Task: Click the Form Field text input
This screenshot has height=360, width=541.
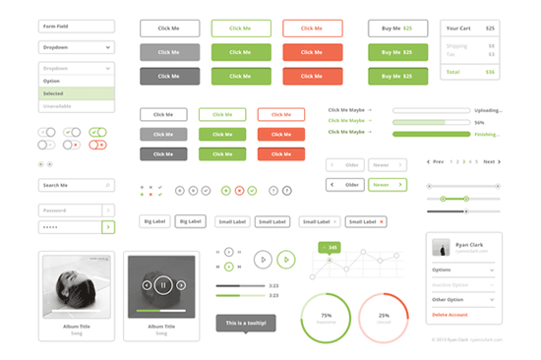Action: click(77, 27)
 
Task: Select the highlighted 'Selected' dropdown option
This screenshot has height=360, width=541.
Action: click(77, 93)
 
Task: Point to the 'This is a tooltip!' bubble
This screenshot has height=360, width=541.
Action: click(246, 323)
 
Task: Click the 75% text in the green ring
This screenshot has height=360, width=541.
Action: click(327, 316)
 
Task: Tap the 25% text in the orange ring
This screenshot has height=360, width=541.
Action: click(384, 316)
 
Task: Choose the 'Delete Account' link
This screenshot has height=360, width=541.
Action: click(451, 315)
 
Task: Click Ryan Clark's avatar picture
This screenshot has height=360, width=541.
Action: click(442, 247)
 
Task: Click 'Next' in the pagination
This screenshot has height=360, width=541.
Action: click(489, 161)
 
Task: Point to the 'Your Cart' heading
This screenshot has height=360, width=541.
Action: click(458, 28)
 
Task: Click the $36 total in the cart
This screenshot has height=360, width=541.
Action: click(490, 72)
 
